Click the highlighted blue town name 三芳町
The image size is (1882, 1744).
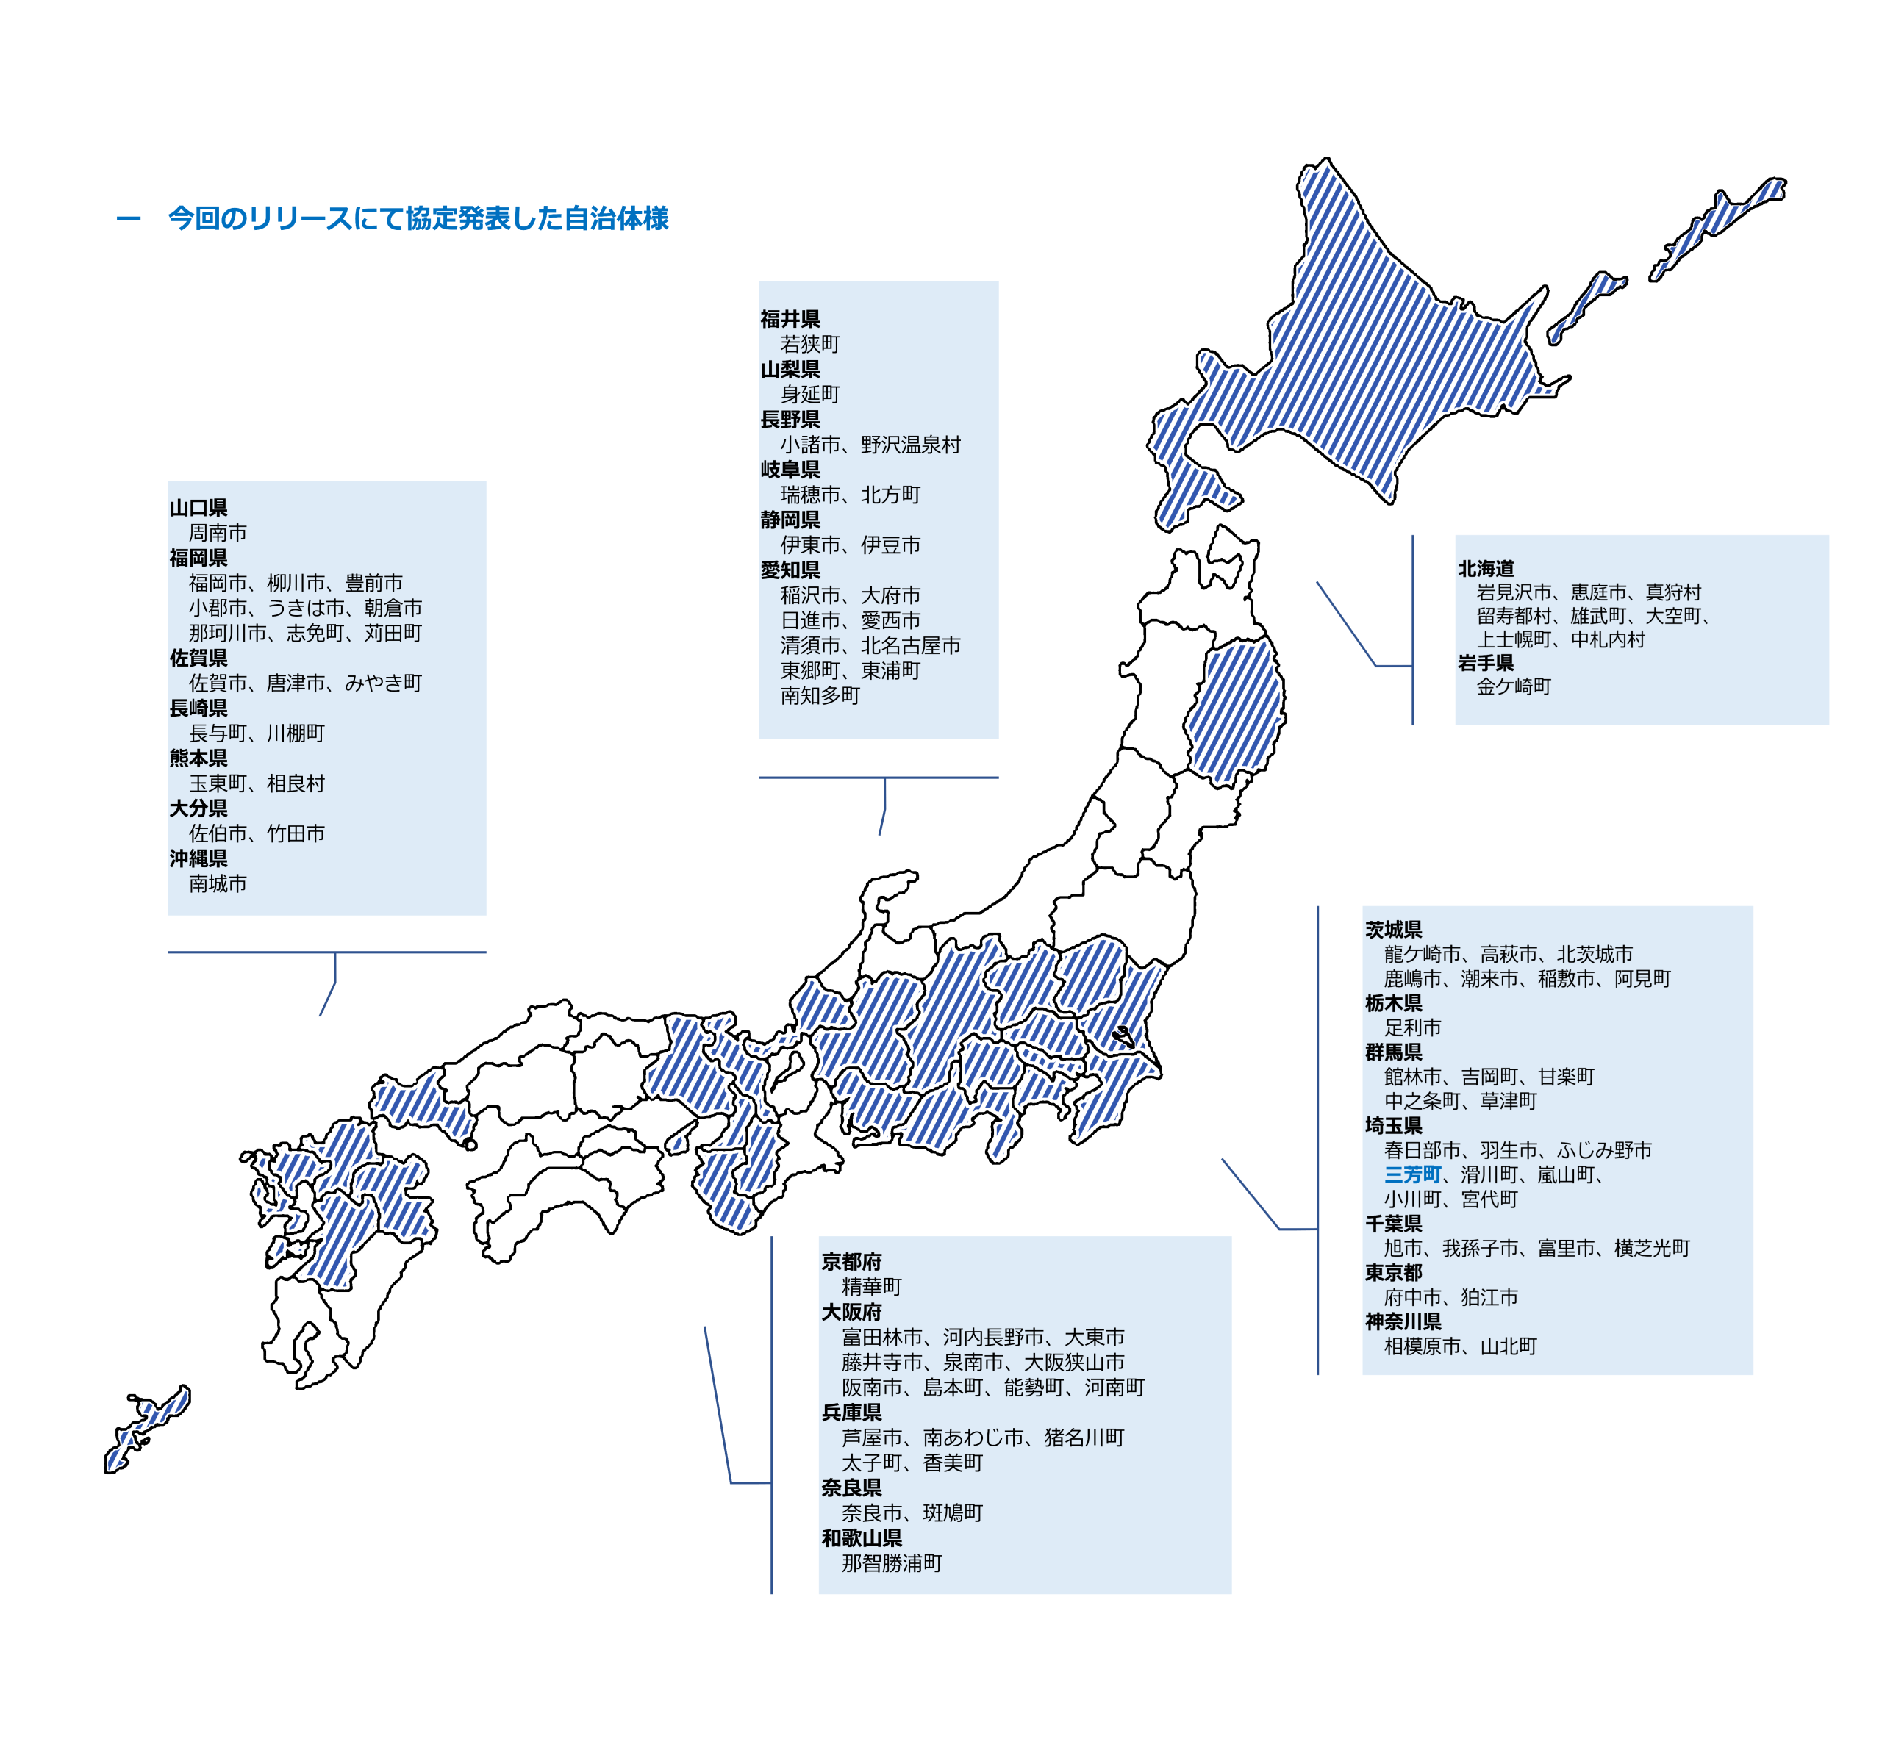tap(1412, 1175)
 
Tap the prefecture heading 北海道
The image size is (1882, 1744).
tap(1486, 568)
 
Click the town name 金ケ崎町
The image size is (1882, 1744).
tap(1514, 686)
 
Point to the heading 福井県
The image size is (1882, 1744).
tap(790, 319)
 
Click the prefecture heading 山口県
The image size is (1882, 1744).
tap(198, 508)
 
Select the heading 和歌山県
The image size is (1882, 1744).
tap(862, 1538)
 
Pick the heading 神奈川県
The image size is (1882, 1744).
tap(1403, 1321)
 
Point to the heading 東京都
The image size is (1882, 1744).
tap(1393, 1272)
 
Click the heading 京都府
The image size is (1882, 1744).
tap(851, 1262)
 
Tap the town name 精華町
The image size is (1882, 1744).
tap(872, 1286)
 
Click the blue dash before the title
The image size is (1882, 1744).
tap(129, 219)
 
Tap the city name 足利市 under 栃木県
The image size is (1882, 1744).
tap(1413, 1027)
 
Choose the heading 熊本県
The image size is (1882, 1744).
tap(198, 758)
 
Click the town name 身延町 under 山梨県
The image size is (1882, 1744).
tap(810, 395)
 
